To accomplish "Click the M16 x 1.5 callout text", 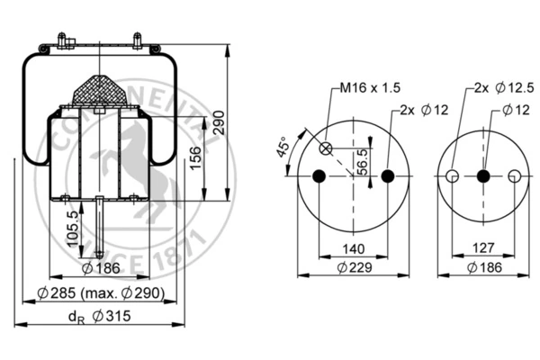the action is pos(370,88).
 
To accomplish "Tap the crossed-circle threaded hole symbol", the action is pos(326,149).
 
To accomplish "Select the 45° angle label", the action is pos(283,147).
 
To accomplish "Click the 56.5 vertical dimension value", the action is pos(362,162).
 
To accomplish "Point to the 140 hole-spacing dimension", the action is pos(354,248).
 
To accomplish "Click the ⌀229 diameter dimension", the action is pos(355,267).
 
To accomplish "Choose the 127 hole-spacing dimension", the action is pos(483,247).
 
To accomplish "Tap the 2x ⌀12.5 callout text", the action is pos(504,88).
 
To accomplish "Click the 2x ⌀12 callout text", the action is pos(424,110).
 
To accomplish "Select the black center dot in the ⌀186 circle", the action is pos(483,176).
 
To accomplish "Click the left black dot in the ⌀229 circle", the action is pos(319,176).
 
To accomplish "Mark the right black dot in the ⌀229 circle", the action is pos(388,176).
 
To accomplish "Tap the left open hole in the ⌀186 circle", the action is pos(452,176).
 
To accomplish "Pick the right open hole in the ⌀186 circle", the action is pos(515,176).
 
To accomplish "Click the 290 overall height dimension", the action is pos(219,122).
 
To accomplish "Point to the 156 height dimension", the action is pos(195,158).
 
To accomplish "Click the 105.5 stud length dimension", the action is pos(73,229).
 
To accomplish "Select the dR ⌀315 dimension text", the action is pos(100,316).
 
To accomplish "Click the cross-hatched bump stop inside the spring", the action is pos(99,90).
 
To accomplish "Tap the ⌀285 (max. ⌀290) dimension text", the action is pos(101,293).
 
